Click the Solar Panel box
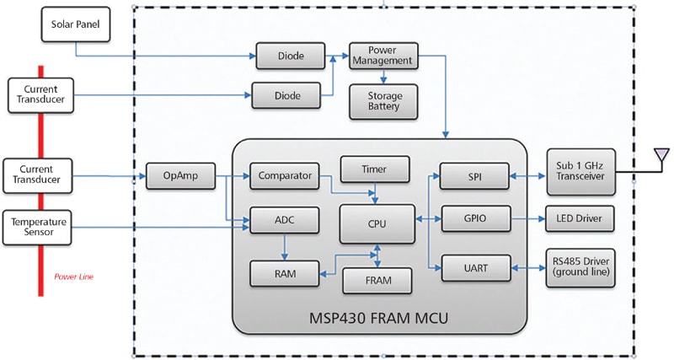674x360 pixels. coord(76,24)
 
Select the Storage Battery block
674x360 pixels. coord(383,101)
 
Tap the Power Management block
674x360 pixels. coord(383,56)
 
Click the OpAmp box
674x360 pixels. coord(180,176)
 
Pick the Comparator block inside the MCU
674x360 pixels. coord(285,176)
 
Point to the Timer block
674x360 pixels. coord(375,169)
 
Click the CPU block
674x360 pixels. coord(377,224)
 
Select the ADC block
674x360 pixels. coord(285,220)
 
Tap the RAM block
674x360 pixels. coord(285,273)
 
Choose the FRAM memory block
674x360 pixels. coord(377,281)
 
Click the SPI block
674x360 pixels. coord(474,176)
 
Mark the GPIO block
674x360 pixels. coord(476,219)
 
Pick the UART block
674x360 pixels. coord(476,268)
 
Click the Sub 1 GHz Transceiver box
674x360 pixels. coord(581,172)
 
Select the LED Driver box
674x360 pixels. coord(580,219)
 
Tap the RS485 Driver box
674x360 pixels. coord(580,268)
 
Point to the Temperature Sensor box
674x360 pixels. coord(37,228)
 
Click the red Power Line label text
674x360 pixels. coord(73,277)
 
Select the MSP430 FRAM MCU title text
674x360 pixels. coord(378,319)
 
